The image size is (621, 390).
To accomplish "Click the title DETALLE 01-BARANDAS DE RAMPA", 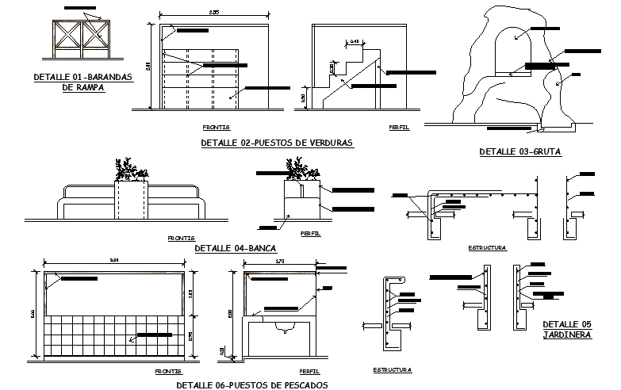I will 82,82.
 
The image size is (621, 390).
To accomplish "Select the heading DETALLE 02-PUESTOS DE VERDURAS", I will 277,143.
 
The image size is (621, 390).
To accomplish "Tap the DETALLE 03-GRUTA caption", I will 520,151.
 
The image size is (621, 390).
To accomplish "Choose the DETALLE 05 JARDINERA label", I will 567,329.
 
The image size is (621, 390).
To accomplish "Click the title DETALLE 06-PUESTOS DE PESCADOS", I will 251,384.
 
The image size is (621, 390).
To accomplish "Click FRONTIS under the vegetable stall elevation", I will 216,127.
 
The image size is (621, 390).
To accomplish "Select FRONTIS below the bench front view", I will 181,238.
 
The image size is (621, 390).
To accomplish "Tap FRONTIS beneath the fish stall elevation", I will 169,371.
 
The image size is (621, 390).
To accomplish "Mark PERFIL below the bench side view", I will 310,234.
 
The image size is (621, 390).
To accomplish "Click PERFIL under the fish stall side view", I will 309,371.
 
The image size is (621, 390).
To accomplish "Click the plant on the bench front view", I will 131,170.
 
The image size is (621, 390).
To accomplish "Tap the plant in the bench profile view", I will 298,169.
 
